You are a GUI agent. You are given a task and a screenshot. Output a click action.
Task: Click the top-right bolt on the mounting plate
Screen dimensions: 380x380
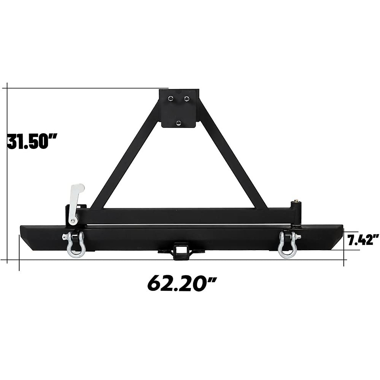coord(186,98)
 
